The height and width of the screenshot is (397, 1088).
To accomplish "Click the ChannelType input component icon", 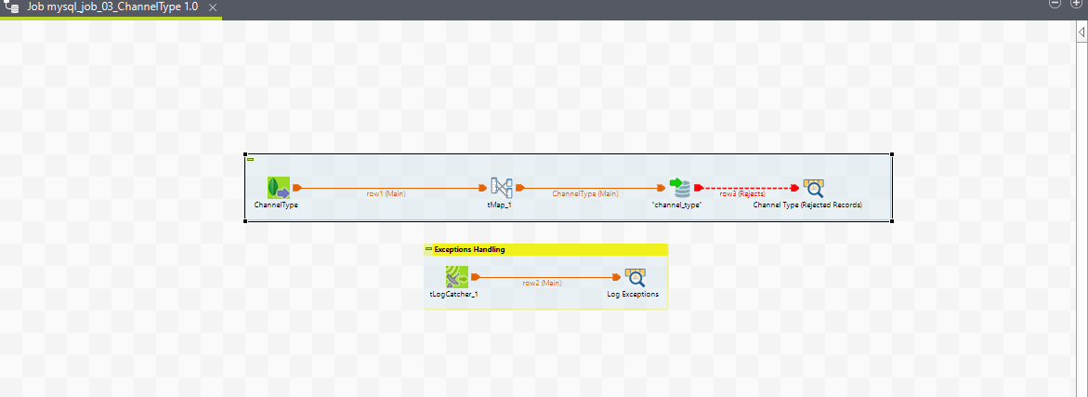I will click(x=278, y=187).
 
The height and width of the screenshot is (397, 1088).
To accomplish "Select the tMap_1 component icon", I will click(x=502, y=187).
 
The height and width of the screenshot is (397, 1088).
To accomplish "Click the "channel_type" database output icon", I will click(x=681, y=187).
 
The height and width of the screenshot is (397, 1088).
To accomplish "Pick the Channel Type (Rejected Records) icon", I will click(x=813, y=187).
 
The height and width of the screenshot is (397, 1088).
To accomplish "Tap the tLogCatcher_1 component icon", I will click(x=456, y=276).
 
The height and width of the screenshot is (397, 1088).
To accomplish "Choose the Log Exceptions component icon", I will click(x=636, y=276).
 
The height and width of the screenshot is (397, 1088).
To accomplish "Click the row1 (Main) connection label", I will click(x=386, y=193).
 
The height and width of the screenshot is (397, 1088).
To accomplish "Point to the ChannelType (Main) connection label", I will click(x=585, y=193).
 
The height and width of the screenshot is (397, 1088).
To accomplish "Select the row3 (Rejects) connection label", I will click(x=742, y=193).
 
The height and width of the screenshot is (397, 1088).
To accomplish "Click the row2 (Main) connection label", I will click(x=542, y=282).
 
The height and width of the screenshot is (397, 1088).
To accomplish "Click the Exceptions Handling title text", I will click(x=469, y=249).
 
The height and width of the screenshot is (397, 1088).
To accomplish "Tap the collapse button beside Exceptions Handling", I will click(x=428, y=249).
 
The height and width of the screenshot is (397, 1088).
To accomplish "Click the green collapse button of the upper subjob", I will click(x=250, y=160).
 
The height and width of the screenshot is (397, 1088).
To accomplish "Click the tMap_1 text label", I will click(x=500, y=205).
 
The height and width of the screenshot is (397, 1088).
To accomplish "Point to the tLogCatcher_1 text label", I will click(x=453, y=294).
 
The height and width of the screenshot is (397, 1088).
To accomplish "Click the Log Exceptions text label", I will click(x=639, y=294).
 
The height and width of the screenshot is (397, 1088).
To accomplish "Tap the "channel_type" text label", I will click(x=676, y=205).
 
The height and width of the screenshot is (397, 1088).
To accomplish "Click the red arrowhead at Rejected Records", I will click(x=794, y=187).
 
